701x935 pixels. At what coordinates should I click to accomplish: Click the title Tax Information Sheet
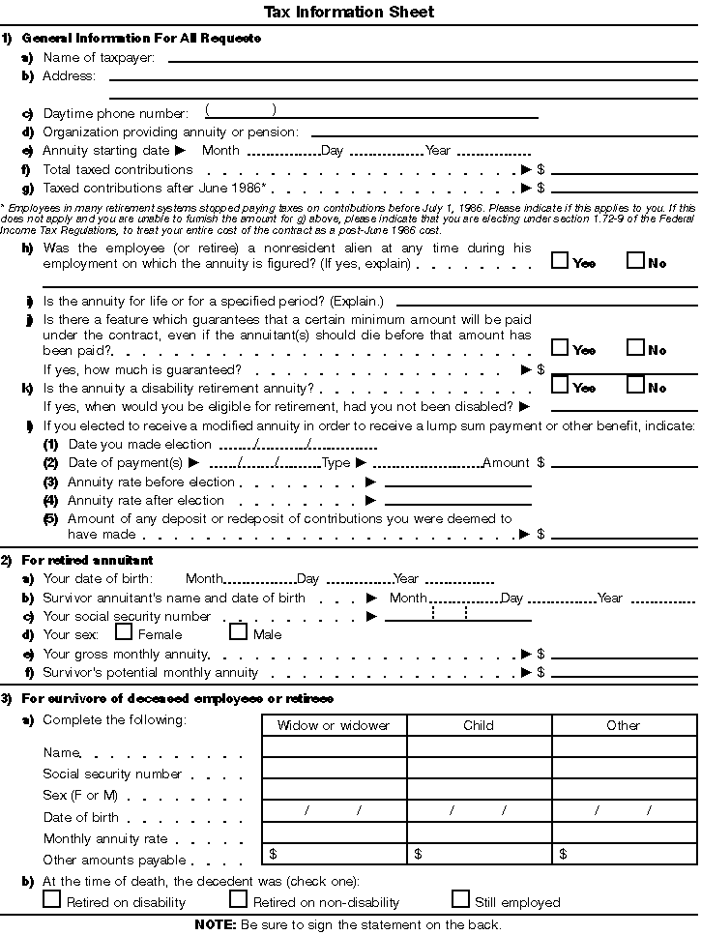349,13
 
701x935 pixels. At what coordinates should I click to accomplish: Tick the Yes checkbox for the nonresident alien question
559,260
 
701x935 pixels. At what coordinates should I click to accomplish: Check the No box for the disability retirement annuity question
635,385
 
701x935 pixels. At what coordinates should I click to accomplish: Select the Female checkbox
124,632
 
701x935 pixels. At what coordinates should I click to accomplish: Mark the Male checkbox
238,632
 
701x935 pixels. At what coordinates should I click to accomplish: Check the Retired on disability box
52,899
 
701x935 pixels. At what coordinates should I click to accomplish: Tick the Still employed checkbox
460,899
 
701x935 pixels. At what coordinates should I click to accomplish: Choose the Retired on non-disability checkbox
238,899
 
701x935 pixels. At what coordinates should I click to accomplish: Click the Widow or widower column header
334,725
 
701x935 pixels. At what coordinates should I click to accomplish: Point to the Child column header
479,725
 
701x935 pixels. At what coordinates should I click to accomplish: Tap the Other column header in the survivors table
624,725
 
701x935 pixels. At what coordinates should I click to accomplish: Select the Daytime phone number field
371,113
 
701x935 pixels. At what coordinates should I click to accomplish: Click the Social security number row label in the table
112,774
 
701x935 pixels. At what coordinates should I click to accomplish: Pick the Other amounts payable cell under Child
479,854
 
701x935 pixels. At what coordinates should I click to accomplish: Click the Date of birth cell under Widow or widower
334,811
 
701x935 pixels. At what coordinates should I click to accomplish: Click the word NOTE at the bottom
215,924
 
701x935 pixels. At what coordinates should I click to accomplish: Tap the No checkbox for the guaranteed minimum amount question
635,347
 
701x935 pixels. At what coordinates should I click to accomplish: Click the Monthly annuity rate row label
105,838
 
